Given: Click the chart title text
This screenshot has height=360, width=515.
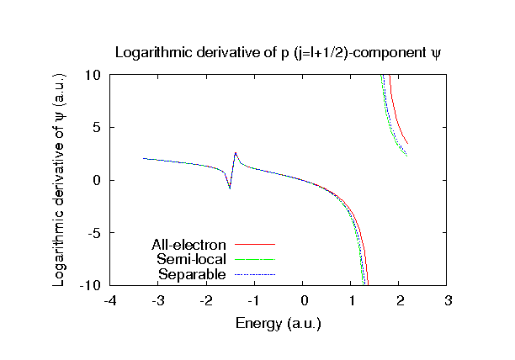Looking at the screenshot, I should (x=278, y=52).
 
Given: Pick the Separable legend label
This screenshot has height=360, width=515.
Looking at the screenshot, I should (x=192, y=273).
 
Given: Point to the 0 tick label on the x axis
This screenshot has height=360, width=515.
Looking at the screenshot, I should (x=305, y=301).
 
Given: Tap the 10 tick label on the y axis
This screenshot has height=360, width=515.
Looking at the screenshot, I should (x=93, y=75).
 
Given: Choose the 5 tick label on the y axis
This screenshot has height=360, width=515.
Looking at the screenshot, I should (x=97, y=128).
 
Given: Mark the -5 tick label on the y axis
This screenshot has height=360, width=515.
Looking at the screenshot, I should (x=94, y=233).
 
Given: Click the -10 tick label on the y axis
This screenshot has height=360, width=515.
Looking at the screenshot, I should (x=91, y=286).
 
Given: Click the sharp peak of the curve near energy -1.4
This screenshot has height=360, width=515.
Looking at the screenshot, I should (x=236, y=153).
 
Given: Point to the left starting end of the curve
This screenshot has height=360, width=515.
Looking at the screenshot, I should (x=144, y=158).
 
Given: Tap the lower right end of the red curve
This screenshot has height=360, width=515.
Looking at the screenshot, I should (x=407, y=143).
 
